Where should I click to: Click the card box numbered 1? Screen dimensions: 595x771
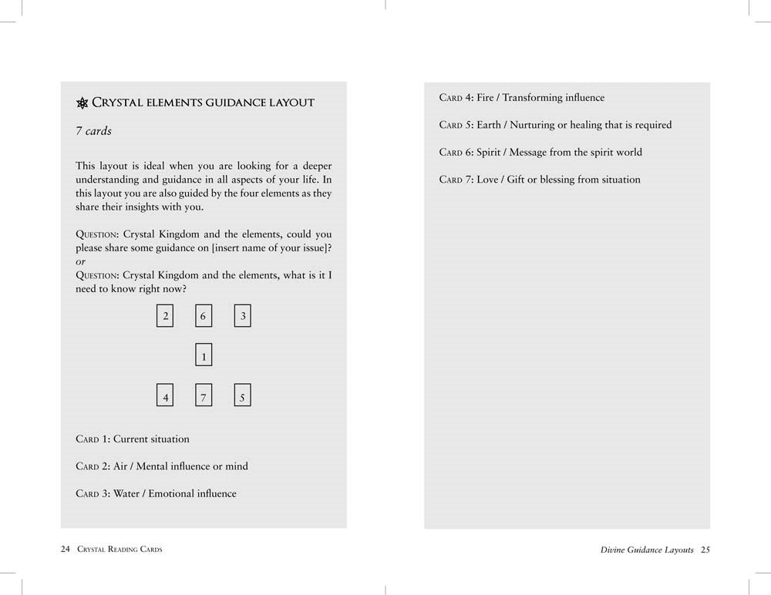click(x=204, y=355)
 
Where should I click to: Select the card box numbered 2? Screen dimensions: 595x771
click(x=165, y=316)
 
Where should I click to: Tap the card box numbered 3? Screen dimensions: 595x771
click(x=243, y=316)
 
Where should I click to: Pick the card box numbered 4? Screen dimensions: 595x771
click(x=165, y=396)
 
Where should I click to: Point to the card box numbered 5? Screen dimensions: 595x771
click(x=243, y=396)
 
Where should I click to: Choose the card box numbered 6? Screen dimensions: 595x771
click(x=204, y=316)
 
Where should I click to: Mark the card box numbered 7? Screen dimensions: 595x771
click(x=204, y=396)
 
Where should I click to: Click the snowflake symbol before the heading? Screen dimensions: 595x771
click(x=82, y=103)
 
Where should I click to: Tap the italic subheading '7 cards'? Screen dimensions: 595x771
click(x=93, y=131)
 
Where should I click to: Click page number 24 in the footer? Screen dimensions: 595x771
click(x=65, y=550)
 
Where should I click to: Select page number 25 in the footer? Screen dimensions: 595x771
click(x=705, y=550)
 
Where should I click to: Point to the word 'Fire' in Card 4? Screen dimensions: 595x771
click(x=485, y=98)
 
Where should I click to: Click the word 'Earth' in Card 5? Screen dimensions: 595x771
click(x=489, y=125)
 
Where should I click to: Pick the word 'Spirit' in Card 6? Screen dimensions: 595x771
click(x=490, y=153)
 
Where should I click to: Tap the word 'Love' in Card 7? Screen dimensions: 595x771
click(x=487, y=180)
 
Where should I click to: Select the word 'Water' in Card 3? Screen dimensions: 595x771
click(x=127, y=493)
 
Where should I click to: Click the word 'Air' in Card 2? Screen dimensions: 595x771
click(x=120, y=466)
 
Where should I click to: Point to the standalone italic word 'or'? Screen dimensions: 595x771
click(x=80, y=262)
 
